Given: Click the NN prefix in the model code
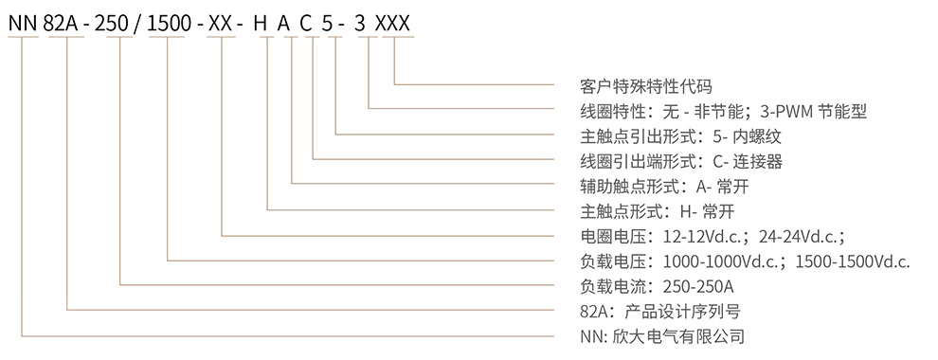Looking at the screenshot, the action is tap(23, 24).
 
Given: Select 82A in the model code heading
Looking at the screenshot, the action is tap(66, 24).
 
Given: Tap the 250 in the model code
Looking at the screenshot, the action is tap(119, 24).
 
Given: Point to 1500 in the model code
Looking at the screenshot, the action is tap(167, 24).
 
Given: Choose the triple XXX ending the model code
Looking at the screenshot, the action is tap(392, 24).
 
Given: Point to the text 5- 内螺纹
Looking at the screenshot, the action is tap(748, 137).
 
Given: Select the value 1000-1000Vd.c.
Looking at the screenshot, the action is tap(719, 261).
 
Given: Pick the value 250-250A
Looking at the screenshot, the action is tap(698, 287).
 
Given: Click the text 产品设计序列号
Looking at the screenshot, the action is tap(682, 312).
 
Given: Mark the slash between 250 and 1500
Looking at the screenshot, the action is tap(140, 24).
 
